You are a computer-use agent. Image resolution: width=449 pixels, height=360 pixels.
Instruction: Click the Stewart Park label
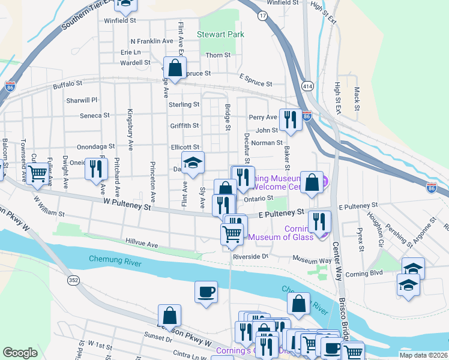click(221, 34)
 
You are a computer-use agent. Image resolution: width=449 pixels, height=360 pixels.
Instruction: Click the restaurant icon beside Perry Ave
click(291, 119)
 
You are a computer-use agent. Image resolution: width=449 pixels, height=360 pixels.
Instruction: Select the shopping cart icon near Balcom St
click(38, 173)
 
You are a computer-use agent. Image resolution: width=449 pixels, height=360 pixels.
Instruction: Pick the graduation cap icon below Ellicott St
click(193, 163)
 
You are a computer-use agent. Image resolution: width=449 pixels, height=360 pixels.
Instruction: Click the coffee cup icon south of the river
click(206, 292)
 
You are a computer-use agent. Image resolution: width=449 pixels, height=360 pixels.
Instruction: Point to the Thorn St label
click(218, 55)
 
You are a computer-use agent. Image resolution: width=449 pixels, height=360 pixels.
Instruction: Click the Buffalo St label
click(67, 85)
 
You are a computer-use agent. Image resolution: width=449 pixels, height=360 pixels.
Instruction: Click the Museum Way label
click(312, 260)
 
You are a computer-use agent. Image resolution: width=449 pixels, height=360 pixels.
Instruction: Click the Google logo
click(20, 353)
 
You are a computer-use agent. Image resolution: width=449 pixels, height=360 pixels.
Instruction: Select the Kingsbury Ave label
click(129, 130)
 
